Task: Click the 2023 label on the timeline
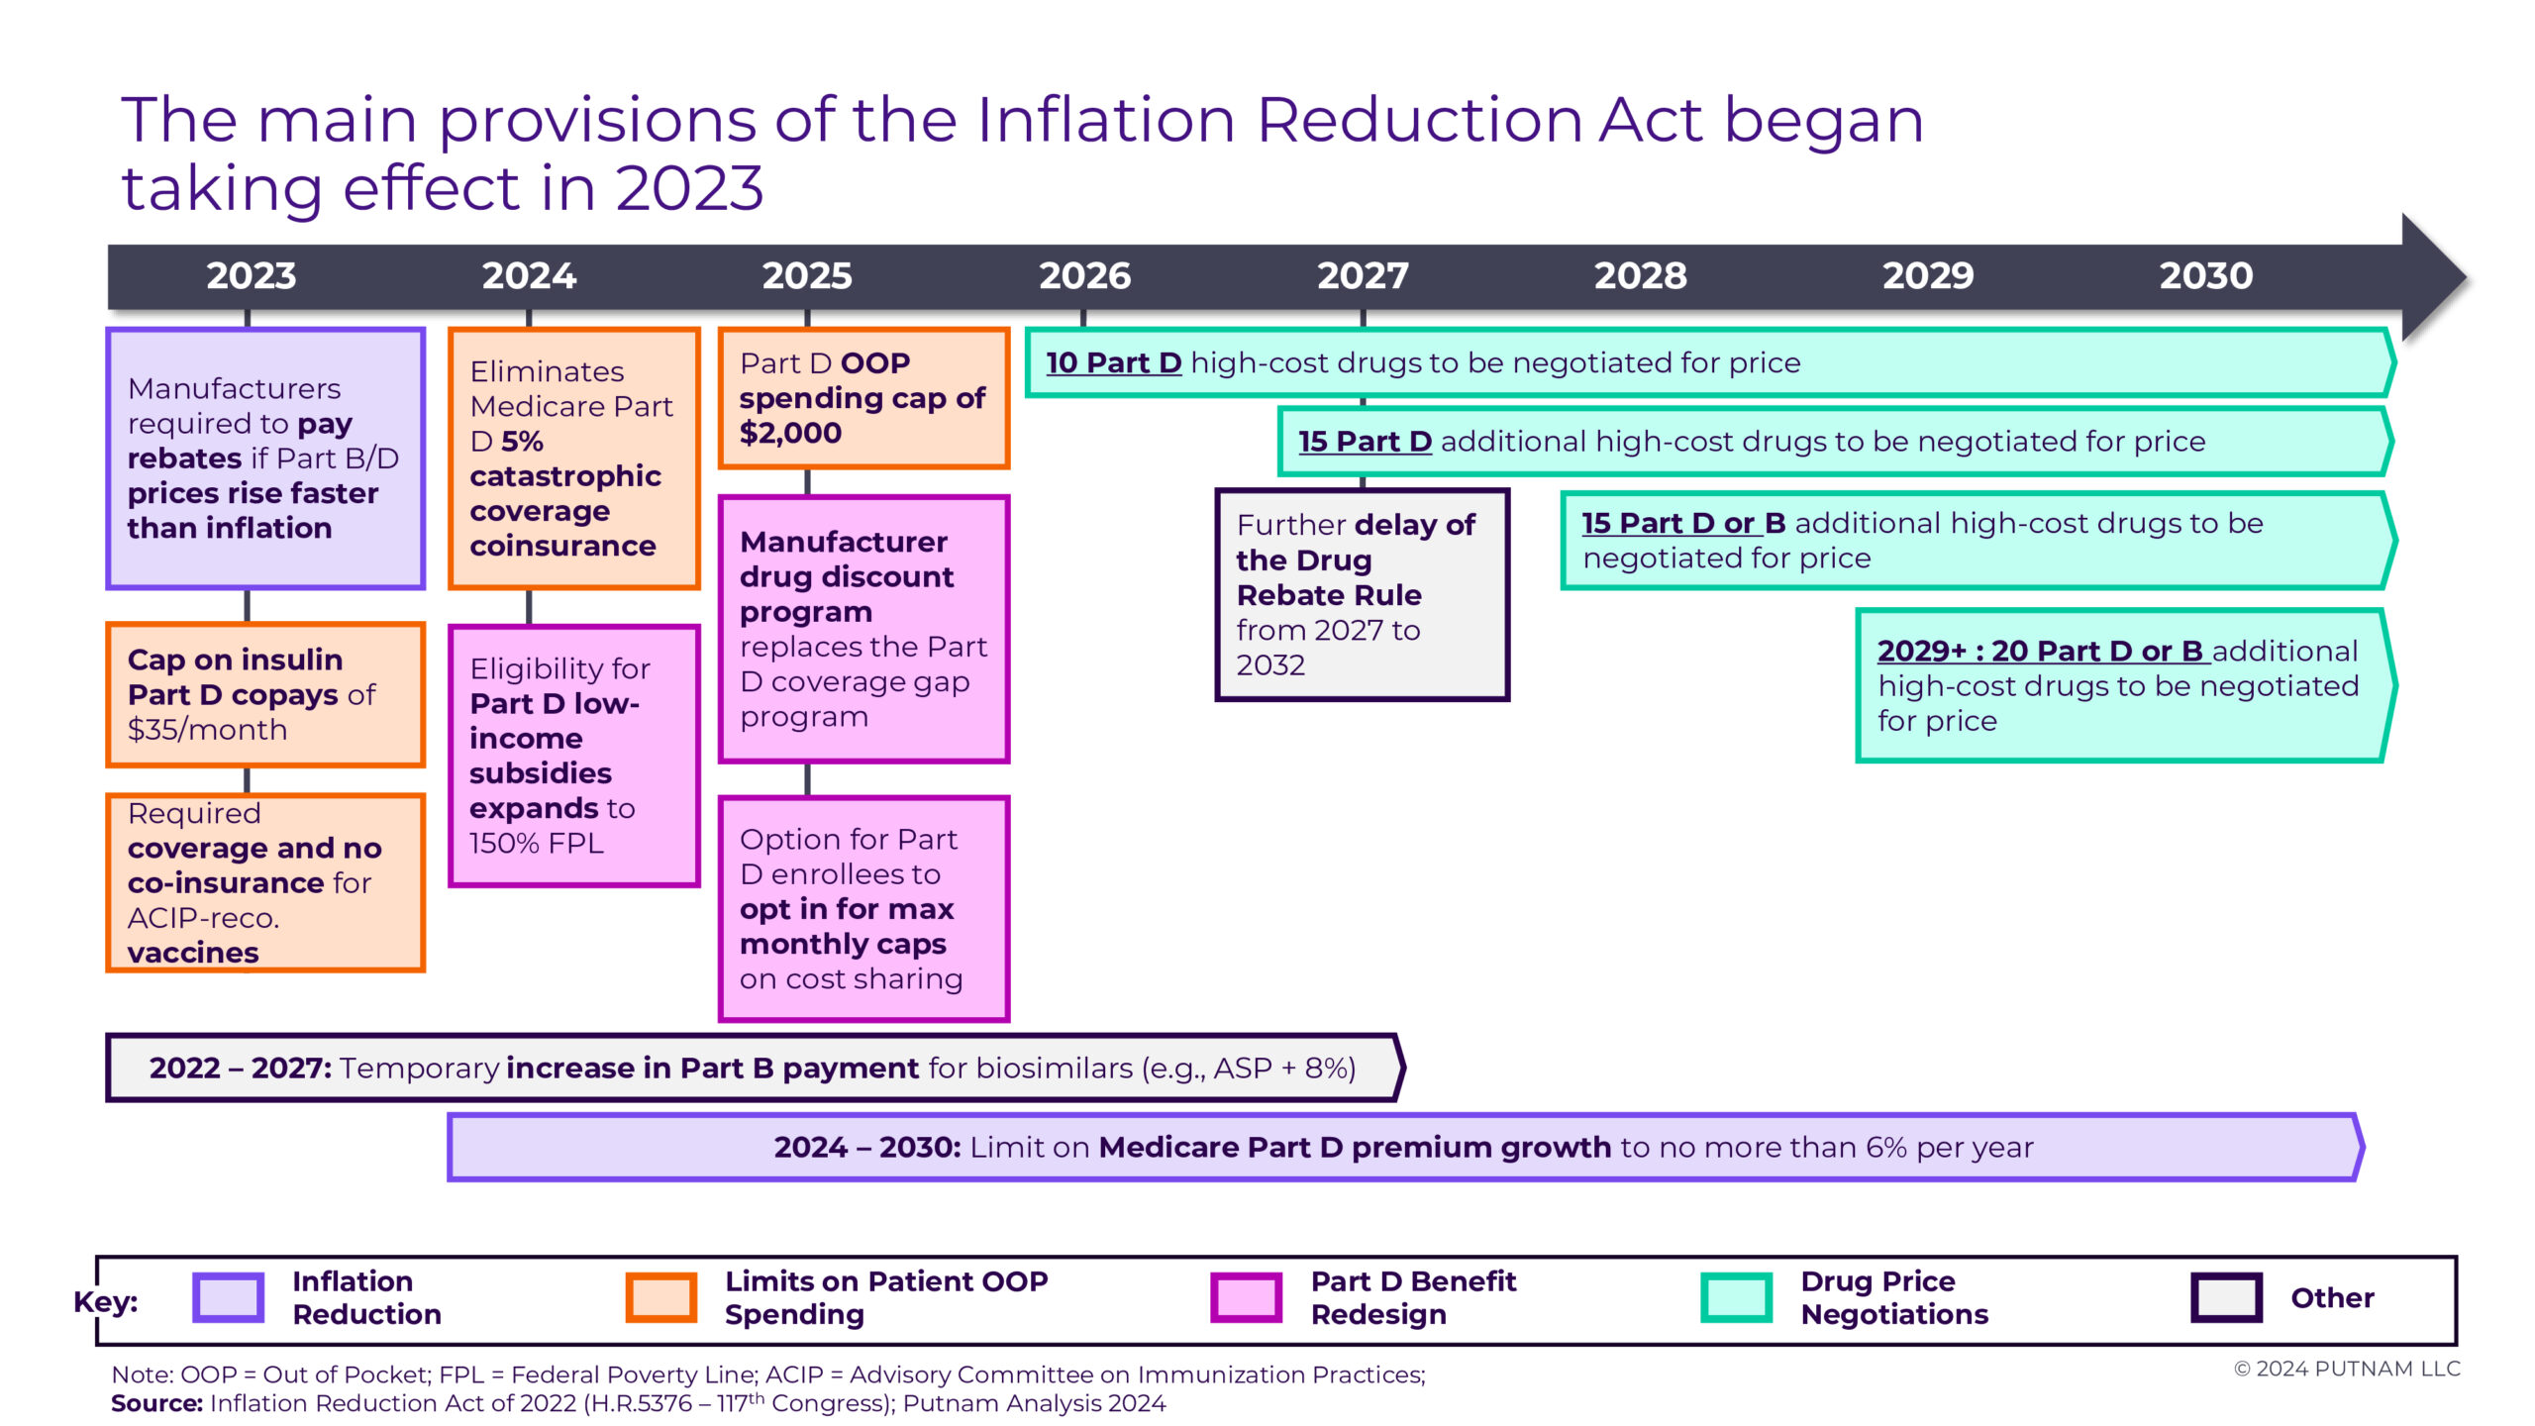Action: pos(251,275)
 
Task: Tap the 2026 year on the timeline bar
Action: pos(1084,275)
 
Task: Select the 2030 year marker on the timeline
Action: pos(2206,275)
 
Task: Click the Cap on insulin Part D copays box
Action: pos(265,694)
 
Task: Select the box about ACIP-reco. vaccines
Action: pos(265,882)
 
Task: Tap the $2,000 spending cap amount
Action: pos(790,433)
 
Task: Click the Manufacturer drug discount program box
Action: pos(863,629)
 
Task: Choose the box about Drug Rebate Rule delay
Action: pos(1362,594)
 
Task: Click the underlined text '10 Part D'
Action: pos(1114,362)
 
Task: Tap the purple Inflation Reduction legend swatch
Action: pos(229,1297)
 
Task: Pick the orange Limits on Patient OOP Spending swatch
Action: pos(661,1297)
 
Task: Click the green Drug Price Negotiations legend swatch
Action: pos(1737,1297)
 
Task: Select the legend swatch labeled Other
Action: pos(2227,1297)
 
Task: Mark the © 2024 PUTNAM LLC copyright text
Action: pos(2347,1369)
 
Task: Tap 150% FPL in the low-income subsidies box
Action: pos(536,843)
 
